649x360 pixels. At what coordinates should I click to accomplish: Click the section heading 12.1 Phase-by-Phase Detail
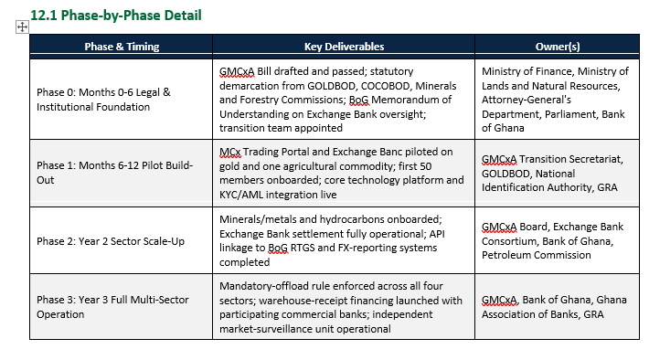tap(116, 16)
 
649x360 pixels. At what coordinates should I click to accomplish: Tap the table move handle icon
tap(22, 27)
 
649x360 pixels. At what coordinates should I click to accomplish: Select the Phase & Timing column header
tap(122, 47)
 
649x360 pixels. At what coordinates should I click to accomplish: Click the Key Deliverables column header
tap(344, 47)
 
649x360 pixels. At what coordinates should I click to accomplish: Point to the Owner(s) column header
tap(558, 47)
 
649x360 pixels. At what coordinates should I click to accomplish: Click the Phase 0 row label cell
tap(121, 100)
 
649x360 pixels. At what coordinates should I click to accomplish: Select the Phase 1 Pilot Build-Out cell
tap(121, 173)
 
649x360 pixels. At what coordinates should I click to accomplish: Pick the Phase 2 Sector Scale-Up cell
tap(121, 240)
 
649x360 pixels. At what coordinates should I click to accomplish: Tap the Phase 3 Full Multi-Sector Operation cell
tap(121, 307)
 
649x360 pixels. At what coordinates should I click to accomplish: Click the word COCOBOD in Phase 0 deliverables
tap(386, 86)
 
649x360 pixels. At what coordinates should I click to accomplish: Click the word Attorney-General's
tap(527, 101)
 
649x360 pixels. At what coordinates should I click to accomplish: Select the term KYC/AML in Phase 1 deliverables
tap(241, 195)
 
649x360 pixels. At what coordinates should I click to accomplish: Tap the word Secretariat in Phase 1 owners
tap(596, 159)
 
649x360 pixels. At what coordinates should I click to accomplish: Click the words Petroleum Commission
tap(536, 255)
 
